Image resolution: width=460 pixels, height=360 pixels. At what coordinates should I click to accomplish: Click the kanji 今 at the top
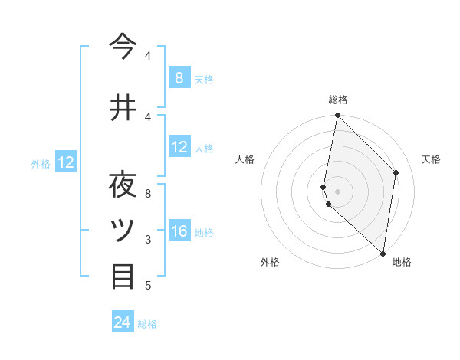pos(123,47)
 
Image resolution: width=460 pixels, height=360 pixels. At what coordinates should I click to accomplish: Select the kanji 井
pos(123,108)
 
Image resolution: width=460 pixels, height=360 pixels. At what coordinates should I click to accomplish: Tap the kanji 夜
pos(123,185)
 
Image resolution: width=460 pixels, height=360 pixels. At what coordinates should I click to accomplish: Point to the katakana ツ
pos(123,231)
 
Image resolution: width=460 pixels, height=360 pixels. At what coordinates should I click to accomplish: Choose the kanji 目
pos(123,277)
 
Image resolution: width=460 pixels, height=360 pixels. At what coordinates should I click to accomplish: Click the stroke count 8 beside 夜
pos(148,193)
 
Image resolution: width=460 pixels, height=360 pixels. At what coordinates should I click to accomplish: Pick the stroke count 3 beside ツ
pos(148,240)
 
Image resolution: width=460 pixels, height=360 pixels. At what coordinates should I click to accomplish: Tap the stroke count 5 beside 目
pos(148,286)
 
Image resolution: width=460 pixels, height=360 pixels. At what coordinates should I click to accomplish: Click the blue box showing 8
pos(179,77)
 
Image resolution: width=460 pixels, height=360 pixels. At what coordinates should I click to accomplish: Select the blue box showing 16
pos(179,231)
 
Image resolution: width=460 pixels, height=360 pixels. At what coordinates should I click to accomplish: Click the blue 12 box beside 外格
pos(65,162)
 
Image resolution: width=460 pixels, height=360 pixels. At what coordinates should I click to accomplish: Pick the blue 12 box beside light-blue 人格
pos(179,147)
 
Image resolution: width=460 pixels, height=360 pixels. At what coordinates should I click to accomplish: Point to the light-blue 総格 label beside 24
pos(148,324)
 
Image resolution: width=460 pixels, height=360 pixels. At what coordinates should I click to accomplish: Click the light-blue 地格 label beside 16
pos(204,233)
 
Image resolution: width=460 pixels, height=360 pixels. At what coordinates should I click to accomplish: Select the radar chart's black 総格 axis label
pos(338,100)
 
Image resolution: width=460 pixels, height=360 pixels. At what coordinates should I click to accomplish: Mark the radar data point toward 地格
pos(383,253)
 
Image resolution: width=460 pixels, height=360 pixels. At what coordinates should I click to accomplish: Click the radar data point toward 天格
pos(396,172)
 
